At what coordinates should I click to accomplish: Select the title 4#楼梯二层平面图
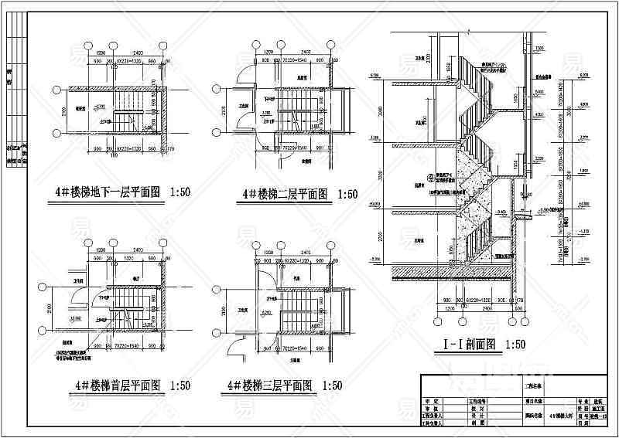coord(286,195)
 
